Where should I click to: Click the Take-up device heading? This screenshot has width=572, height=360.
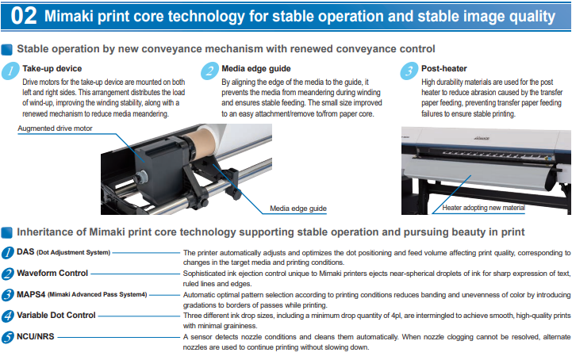[x=52, y=68]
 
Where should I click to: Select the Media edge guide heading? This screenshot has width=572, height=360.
[x=255, y=68]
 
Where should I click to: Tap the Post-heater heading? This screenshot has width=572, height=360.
[x=444, y=68]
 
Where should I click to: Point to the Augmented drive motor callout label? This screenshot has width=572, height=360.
[x=56, y=128]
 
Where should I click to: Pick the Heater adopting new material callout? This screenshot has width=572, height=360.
[x=484, y=208]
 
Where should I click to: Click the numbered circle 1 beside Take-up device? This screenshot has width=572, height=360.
[x=10, y=71]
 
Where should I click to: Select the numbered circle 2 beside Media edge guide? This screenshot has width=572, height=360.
[x=209, y=71]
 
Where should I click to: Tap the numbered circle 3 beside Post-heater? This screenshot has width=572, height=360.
[x=409, y=71]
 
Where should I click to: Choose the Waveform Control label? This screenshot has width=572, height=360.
[x=52, y=273]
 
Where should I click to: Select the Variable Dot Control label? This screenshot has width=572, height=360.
[x=56, y=315]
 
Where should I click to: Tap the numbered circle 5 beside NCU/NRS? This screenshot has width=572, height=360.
[x=7, y=336]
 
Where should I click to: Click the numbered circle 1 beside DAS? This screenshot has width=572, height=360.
[x=7, y=252]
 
